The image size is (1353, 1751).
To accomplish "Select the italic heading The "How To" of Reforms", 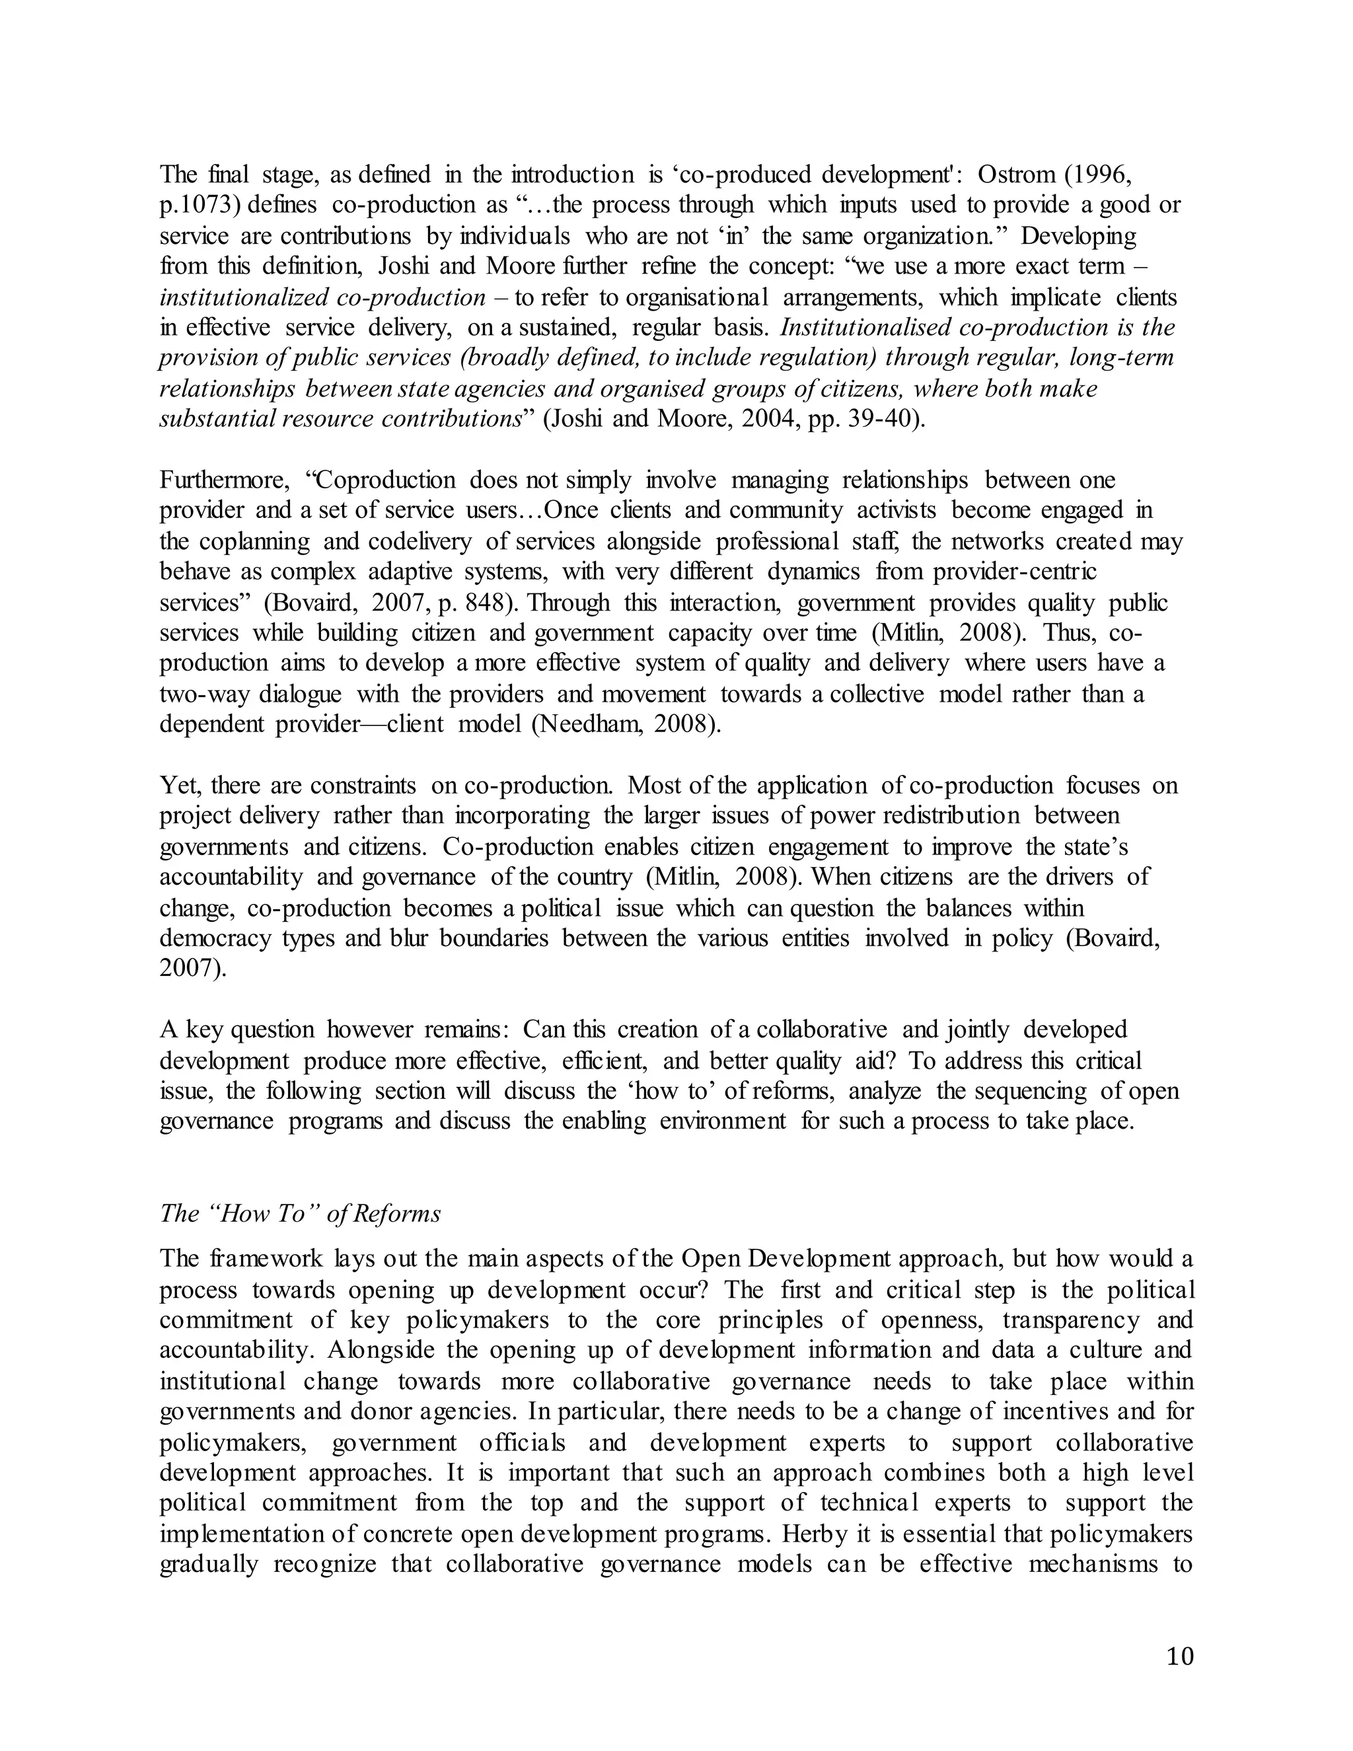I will [301, 1213].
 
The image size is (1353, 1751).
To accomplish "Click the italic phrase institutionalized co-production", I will [322, 297].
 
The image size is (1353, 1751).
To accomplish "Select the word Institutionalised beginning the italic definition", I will [865, 328].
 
